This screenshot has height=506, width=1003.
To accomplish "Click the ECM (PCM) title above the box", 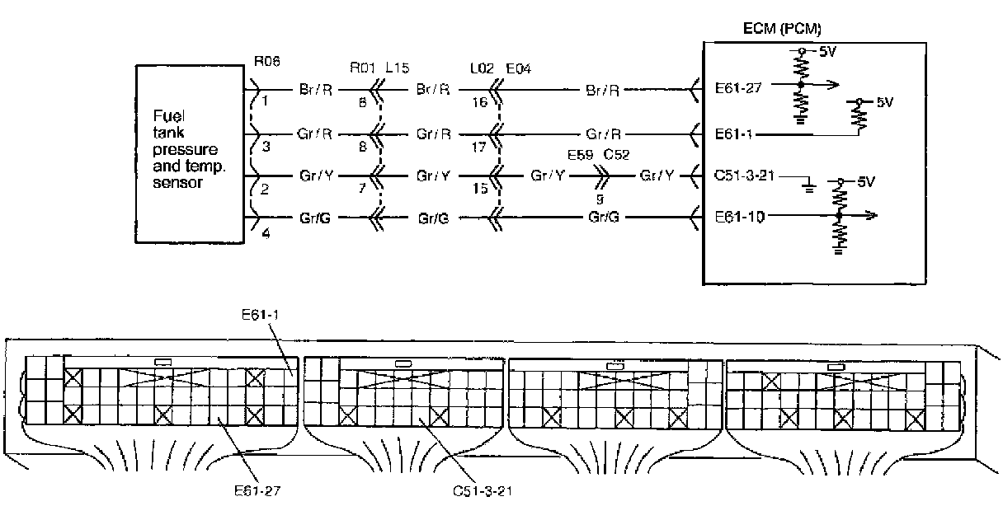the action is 782,29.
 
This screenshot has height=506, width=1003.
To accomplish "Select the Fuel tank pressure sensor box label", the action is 189,149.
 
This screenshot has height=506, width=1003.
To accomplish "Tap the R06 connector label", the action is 267,61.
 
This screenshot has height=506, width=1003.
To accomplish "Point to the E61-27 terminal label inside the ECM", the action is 738,87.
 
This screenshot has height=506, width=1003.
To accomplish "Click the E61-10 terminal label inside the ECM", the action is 739,217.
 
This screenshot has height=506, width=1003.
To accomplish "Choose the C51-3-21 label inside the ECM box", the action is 744,175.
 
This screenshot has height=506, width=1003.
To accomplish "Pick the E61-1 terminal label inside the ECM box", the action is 733,134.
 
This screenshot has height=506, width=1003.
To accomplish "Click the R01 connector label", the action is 362,68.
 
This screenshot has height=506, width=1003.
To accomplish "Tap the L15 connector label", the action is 398,68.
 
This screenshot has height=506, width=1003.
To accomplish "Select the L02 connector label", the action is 482,68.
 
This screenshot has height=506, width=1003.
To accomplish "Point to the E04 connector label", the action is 519,68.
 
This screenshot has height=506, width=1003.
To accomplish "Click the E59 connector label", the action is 581,155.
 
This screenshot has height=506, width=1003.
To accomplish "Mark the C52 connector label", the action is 617,155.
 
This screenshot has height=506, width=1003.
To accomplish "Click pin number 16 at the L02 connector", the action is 479,102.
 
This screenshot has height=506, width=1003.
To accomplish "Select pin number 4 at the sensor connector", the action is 266,233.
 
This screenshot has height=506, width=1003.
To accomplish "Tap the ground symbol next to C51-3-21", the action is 808,185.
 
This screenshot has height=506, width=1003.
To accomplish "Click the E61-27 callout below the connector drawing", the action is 257,491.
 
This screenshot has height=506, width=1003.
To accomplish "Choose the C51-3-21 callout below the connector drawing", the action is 483,491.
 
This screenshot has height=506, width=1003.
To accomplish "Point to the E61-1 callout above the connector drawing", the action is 260,315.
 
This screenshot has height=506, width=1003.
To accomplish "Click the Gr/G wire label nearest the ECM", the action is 604,218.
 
